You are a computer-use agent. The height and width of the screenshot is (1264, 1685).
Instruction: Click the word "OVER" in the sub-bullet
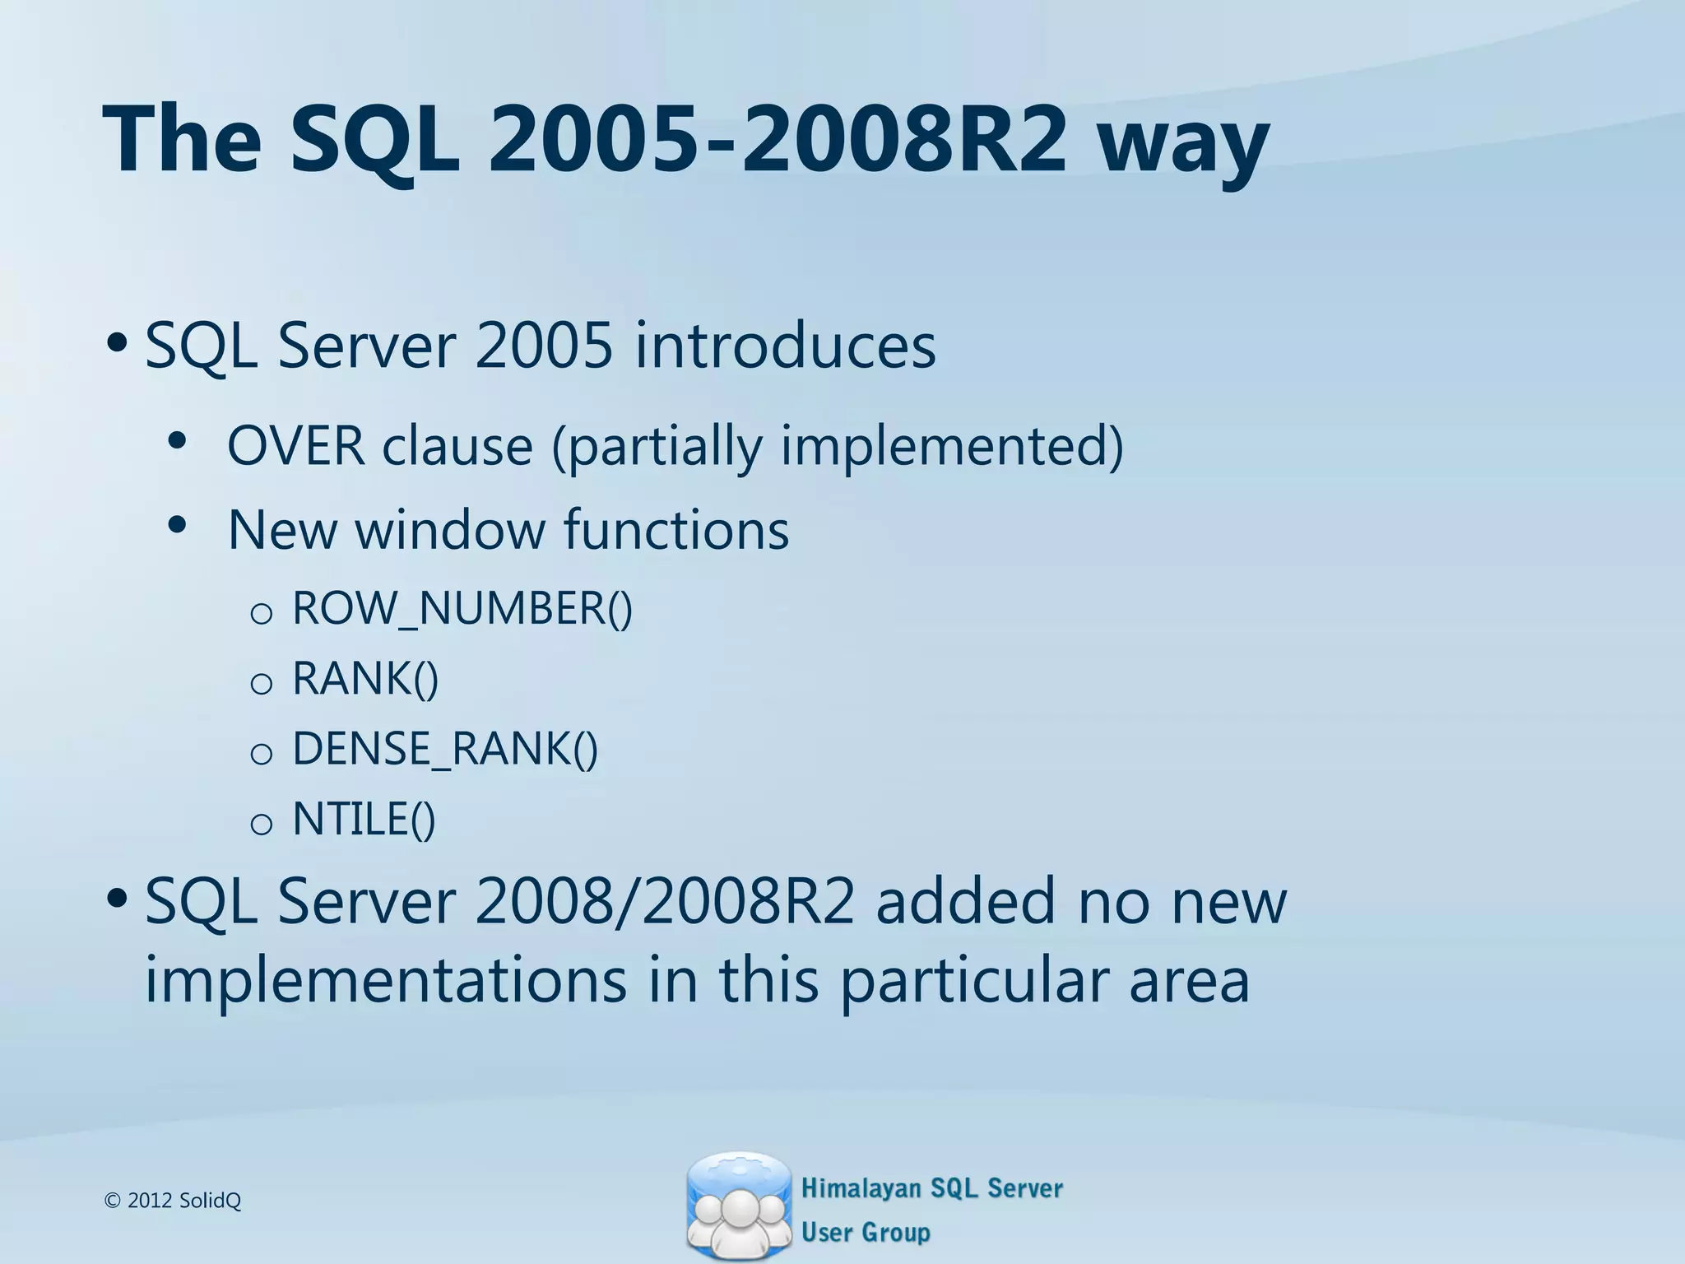pyautogui.click(x=295, y=446)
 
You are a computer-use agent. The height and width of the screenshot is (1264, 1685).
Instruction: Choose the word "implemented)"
pyautogui.click(x=951, y=446)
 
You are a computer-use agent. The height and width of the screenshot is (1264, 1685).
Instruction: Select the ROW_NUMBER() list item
pyautogui.click(x=462, y=609)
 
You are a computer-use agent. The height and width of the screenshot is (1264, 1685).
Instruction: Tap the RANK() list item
pyautogui.click(x=365, y=679)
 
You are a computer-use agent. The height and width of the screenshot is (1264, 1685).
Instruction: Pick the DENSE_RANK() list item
pyautogui.click(x=445, y=749)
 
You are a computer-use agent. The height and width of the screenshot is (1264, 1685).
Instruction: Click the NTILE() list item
pyautogui.click(x=364, y=819)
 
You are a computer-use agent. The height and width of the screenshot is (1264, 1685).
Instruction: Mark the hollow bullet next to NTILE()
pyautogui.click(x=261, y=824)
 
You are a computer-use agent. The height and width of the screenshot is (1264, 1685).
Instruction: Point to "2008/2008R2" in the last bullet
pyautogui.click(x=664, y=901)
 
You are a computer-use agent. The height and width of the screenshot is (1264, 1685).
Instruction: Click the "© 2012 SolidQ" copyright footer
pyautogui.click(x=174, y=1201)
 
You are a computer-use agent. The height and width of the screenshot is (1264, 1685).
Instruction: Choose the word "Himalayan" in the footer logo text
pyautogui.click(x=861, y=1188)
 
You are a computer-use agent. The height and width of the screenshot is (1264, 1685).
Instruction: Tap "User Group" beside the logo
pyautogui.click(x=866, y=1232)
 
